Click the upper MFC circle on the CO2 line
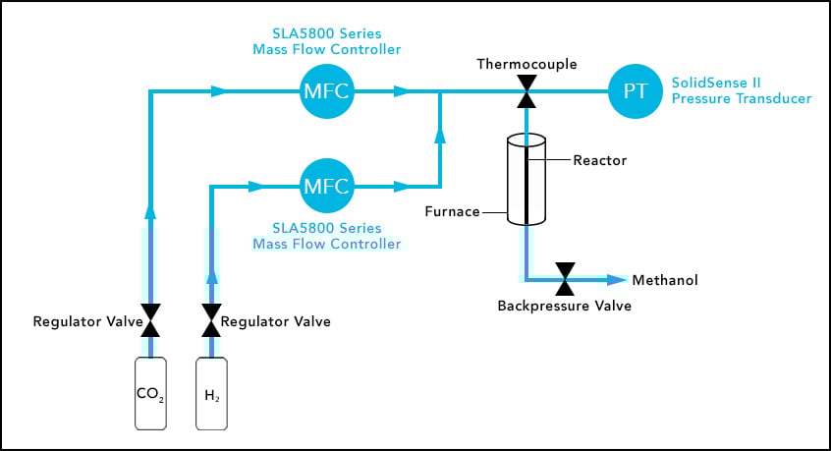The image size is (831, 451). point(325,92)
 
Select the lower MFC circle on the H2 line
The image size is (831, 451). point(325,185)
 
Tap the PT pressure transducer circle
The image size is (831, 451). point(635,92)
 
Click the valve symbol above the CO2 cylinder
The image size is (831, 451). point(150,320)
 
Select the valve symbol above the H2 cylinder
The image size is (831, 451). point(212,320)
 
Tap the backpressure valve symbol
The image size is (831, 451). point(565,280)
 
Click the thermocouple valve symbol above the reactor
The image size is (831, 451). point(526,92)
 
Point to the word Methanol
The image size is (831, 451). point(664,281)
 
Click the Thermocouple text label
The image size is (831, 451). point(526,65)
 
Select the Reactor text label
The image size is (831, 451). point(599,159)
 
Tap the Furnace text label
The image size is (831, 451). point(453,210)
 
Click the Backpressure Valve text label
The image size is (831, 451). point(565,306)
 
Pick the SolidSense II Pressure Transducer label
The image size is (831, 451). point(741,92)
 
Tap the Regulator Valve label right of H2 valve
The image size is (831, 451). point(275,321)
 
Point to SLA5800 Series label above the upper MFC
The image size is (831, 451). point(325,41)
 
